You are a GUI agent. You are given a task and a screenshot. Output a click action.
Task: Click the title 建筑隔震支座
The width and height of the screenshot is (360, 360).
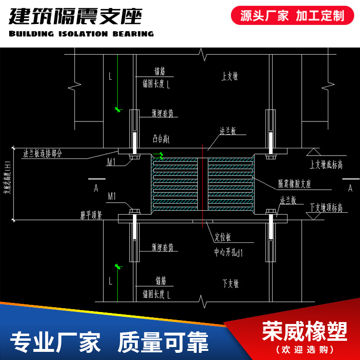click(76, 16)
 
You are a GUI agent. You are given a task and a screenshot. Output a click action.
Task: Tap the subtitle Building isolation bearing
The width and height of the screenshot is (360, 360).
click(81, 34)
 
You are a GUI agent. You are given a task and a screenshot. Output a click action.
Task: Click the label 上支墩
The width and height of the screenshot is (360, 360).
click(230, 76)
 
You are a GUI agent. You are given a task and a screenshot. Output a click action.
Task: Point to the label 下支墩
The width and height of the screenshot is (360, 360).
click(230, 283)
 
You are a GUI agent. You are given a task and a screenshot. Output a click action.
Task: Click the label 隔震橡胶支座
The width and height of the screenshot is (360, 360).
click(295, 184)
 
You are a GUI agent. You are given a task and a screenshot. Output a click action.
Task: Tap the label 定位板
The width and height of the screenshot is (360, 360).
click(223, 238)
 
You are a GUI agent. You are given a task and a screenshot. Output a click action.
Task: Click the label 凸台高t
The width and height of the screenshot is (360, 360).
click(161, 139)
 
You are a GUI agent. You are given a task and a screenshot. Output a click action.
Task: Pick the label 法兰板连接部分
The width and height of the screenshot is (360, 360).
click(43, 154)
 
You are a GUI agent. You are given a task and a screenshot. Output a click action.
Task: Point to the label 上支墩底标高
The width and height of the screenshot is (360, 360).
click(326, 165)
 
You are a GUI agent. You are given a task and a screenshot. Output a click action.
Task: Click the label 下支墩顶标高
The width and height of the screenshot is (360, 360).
click(326, 208)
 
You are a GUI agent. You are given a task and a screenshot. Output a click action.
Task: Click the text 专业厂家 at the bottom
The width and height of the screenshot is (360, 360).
click(55, 342)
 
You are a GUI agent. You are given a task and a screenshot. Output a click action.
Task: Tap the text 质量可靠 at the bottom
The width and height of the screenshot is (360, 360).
click(163, 342)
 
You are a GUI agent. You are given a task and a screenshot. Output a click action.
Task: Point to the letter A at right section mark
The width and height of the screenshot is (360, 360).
click(350, 188)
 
